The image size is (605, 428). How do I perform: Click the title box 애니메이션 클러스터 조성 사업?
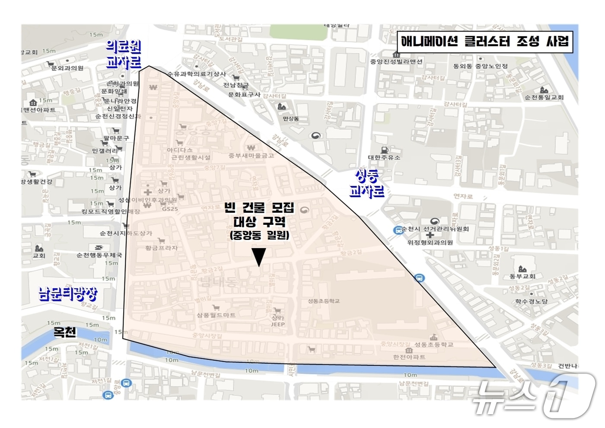coord(485,42)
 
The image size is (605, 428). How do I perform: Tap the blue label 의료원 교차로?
coord(124,54)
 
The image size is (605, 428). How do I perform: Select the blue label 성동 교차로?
coord(366,183)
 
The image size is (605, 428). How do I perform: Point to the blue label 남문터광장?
coord(68,294)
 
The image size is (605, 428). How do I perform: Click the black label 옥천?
coord(64,332)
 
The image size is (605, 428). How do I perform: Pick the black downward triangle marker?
coord(259,257)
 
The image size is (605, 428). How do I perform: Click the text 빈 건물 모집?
coord(259,208)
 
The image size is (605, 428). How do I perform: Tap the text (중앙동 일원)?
coord(259,235)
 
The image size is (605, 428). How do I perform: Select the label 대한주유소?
coord(384,157)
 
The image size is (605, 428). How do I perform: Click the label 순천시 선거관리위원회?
coord(435,229)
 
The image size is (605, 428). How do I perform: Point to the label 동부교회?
coord(522,276)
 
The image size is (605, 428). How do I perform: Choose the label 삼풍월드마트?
coord(216,315)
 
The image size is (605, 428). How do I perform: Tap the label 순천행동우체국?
coord(99,255)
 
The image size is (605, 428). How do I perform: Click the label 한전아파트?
coord(409,357)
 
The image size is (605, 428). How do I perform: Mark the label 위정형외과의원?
coord(430,242)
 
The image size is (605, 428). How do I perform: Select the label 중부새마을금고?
coord(251,155)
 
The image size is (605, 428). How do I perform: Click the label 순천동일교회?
coord(544,97)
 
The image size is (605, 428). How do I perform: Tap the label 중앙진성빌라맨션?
coord(396,61)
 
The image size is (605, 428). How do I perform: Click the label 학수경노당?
coord(531,301)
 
